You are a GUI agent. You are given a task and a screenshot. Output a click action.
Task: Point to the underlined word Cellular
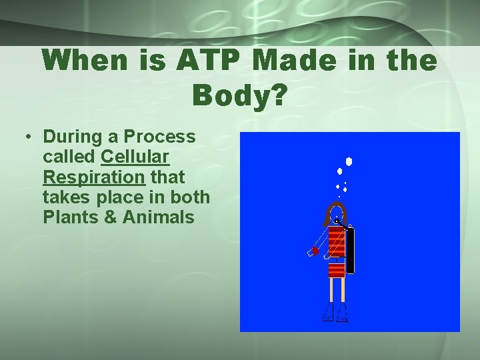click(135, 157)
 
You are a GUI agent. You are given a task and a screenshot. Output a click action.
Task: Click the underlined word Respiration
click(93, 177)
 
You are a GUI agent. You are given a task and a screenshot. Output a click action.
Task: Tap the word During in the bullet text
click(73, 137)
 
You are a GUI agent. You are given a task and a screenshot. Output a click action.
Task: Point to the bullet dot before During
click(29, 137)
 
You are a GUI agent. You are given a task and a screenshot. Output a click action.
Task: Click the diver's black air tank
click(350, 250)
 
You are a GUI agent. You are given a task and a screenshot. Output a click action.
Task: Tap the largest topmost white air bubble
click(348, 161)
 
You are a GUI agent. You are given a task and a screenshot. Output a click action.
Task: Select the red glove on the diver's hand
click(315, 251)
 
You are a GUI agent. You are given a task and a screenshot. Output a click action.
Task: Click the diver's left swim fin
click(328, 312)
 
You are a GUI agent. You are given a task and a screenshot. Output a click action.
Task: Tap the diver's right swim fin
click(343, 312)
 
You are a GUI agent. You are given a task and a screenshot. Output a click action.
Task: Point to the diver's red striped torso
click(337, 250)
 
